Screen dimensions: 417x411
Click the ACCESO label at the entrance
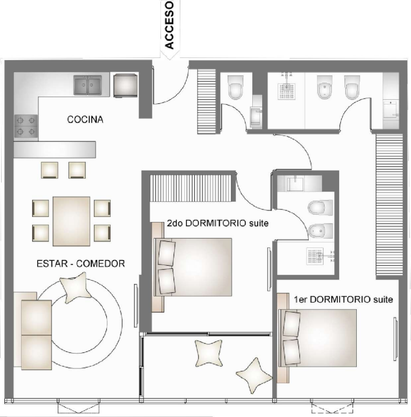(x=170, y=25)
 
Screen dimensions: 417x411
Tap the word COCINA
(x=85, y=119)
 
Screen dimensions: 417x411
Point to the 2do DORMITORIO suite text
(x=217, y=224)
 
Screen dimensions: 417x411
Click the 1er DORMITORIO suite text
(x=343, y=299)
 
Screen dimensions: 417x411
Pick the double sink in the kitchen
(x=88, y=86)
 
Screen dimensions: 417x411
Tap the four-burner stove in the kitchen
(x=25, y=126)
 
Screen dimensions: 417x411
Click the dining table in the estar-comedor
(x=71, y=221)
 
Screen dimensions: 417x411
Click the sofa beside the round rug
(x=36, y=334)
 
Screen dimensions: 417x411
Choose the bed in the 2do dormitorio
(x=198, y=266)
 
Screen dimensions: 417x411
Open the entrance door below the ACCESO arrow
(x=169, y=86)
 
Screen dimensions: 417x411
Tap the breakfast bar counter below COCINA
(x=55, y=149)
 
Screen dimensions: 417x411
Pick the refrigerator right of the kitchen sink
(x=126, y=85)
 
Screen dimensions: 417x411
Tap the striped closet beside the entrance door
(x=206, y=99)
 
